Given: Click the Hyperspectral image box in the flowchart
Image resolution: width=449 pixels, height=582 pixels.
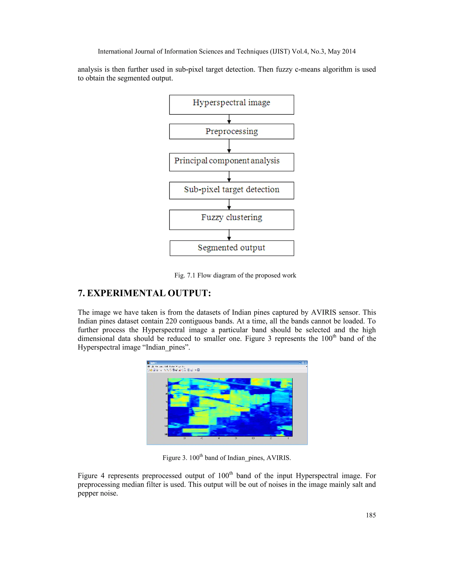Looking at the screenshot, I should pyautogui.click(x=232, y=105).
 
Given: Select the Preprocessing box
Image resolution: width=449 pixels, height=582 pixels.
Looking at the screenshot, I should pyautogui.click(x=232, y=131).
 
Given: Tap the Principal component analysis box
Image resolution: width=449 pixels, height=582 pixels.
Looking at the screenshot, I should pyautogui.click(x=232, y=162).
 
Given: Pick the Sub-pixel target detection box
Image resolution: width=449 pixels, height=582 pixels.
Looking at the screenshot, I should pyautogui.click(x=232, y=190).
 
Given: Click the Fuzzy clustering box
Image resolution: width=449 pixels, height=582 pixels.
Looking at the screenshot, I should pyautogui.click(x=232, y=220).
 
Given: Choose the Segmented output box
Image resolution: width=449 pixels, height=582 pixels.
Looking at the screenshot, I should pyautogui.click(x=232, y=248).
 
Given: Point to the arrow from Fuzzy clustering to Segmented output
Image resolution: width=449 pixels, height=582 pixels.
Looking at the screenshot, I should pyautogui.click(x=229, y=235).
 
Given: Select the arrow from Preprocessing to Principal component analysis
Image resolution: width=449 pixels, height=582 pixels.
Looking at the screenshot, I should pyautogui.click(x=229, y=146).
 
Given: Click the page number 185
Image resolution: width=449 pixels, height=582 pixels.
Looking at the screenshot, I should pyautogui.click(x=371, y=515).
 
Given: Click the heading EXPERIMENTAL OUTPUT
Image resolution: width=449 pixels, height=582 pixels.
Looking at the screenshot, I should pyautogui.click(x=149, y=293).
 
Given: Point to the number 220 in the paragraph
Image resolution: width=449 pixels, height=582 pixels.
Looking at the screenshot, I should pyautogui.click(x=171, y=321).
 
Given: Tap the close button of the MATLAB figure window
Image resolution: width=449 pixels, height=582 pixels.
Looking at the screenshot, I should pyautogui.click(x=306, y=363).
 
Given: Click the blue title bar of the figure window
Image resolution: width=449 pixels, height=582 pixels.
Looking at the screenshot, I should pyautogui.click(x=226, y=363).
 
